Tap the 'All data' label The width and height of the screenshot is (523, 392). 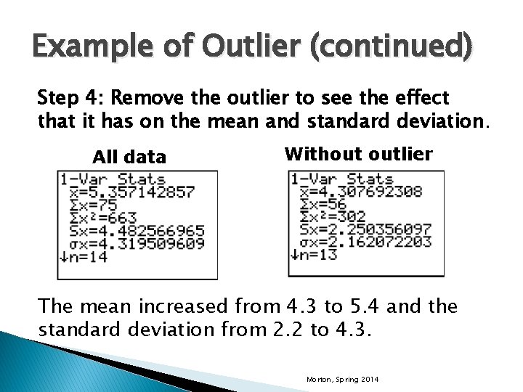point(129,157)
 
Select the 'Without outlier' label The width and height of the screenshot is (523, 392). point(359,154)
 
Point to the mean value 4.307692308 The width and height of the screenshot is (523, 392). point(361,192)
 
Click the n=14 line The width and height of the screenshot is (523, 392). point(85,257)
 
